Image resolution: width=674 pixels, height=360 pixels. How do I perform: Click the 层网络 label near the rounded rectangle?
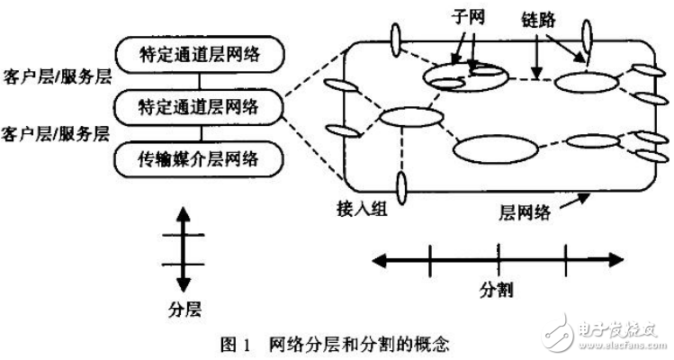[x=524, y=213]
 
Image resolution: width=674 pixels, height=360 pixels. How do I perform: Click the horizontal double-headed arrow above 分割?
[x=496, y=260]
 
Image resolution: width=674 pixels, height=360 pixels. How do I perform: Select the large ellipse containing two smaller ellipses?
[x=464, y=76]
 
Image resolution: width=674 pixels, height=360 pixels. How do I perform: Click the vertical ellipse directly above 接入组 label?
[x=401, y=186]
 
